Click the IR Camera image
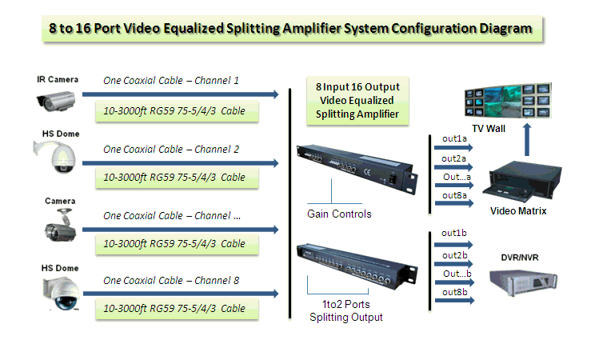point(56,101)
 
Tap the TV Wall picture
point(508,101)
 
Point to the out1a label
point(454,138)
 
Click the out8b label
point(454,292)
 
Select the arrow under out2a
point(453,166)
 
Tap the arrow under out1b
point(453,245)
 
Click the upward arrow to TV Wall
point(527,139)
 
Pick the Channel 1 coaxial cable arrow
point(181,94)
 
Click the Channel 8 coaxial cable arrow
point(181,294)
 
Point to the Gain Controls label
point(339,214)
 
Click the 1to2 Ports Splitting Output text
point(346,310)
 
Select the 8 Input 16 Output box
point(357,101)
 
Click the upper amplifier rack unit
point(357,169)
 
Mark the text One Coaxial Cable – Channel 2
point(171,150)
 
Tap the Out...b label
point(457,274)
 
